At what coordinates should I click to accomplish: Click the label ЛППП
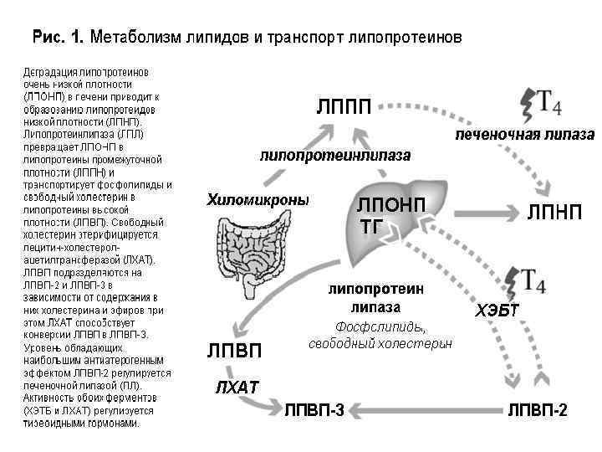(343, 106)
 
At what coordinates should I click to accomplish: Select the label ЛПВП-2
(538, 410)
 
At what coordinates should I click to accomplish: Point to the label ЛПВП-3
(314, 410)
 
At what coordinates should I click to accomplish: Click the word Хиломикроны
(258, 200)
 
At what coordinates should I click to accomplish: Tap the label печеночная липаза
(524, 136)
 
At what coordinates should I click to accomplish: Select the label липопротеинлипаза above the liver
(336, 156)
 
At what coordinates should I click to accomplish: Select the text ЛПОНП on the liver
(390, 206)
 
